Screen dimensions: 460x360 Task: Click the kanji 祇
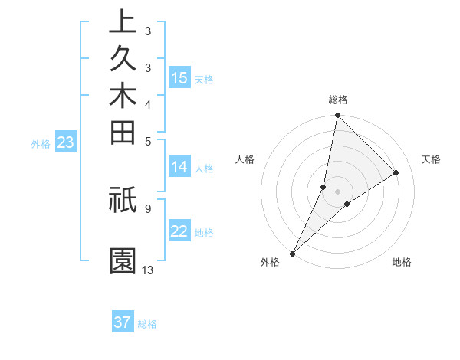[123, 199]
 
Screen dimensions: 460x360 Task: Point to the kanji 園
[123, 261]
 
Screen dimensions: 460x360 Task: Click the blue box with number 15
[179, 77]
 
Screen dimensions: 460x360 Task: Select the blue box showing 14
[179, 166]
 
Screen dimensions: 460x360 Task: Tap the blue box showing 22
[179, 231]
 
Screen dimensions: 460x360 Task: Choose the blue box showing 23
[66, 142]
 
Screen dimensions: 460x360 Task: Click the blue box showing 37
[123, 322]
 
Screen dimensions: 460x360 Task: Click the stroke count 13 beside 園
[148, 270]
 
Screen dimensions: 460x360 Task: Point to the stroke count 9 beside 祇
[148, 207]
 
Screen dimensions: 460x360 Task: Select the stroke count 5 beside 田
[148, 141]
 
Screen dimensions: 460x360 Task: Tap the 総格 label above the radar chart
[338, 100]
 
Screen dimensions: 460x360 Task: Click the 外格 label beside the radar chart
[270, 262]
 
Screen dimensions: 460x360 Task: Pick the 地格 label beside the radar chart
[402, 262]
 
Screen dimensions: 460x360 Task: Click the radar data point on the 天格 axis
[396, 172]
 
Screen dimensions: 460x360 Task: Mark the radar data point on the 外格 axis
[293, 253]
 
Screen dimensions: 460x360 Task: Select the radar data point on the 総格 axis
[337, 116]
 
